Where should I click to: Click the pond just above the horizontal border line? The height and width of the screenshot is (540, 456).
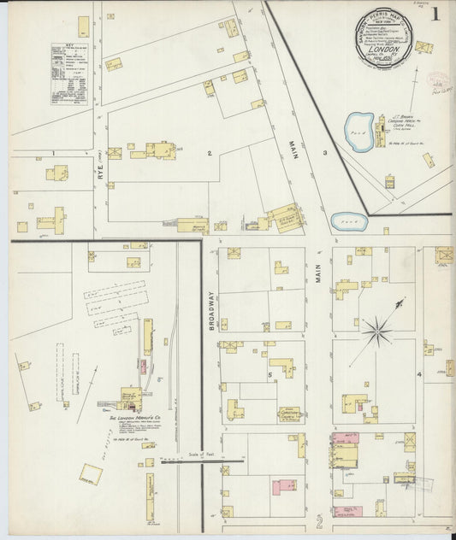pos(349,221)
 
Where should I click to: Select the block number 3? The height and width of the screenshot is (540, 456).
pos(324,153)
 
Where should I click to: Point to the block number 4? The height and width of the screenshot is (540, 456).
pos(419,374)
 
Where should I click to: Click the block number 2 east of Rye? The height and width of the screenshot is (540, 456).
pos(208,153)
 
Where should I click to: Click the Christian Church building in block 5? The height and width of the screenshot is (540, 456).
pos(289,414)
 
